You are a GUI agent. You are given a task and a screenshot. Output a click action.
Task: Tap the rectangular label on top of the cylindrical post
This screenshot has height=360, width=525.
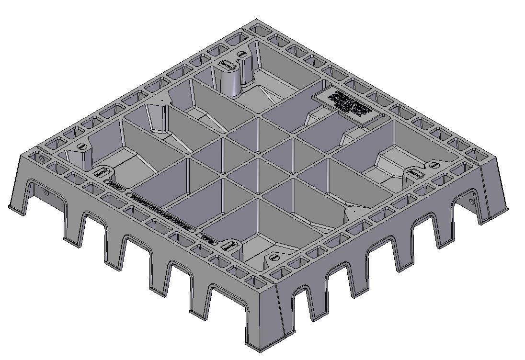tap(225, 64)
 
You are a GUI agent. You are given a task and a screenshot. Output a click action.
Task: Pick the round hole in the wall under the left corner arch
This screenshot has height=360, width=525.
tap(46, 192)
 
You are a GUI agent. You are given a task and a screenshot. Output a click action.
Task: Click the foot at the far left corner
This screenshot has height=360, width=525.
tap(14, 207)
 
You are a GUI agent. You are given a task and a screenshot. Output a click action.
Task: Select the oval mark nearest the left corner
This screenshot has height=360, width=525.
tap(82, 146)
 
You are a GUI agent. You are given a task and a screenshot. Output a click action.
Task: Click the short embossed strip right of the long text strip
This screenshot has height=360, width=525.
tap(208, 238)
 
